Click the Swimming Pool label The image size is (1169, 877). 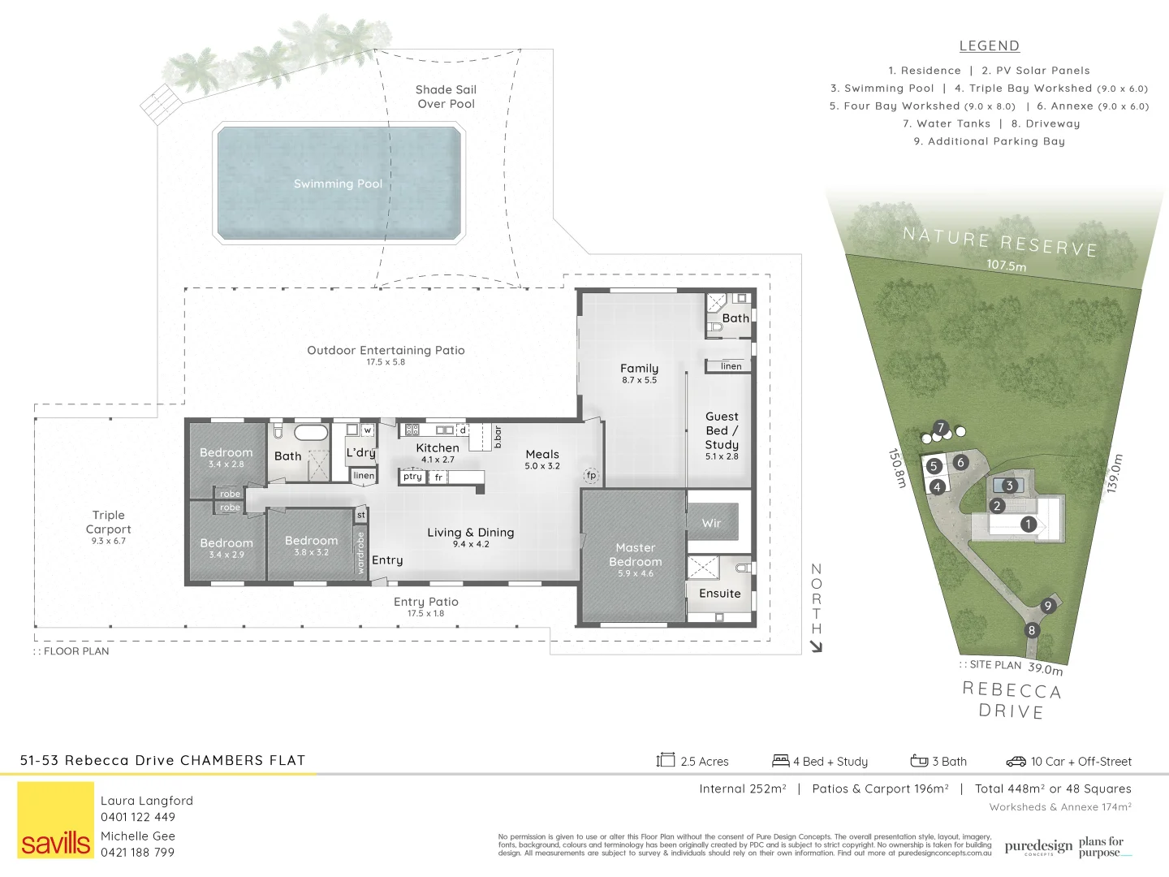338,184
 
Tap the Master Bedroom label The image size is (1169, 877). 635,555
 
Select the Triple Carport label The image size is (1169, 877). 108,522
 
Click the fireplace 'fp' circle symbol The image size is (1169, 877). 591,475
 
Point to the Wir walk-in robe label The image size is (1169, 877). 711,524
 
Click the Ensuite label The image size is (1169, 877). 719,594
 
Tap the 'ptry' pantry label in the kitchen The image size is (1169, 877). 412,477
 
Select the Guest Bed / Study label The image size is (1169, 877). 722,430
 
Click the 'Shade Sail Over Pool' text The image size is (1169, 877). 446,97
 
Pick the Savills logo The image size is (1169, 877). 56,819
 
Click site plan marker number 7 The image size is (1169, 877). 941,428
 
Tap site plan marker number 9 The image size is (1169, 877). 1048,606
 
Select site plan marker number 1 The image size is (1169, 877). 1028,525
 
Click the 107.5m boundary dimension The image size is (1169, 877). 1007,266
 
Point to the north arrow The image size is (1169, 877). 817,646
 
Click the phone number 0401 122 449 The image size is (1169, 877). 138,818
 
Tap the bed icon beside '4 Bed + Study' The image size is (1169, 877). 780,761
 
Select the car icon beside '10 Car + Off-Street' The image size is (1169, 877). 1016,762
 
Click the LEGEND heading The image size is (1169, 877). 989,46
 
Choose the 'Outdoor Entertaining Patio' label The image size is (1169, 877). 386,351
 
